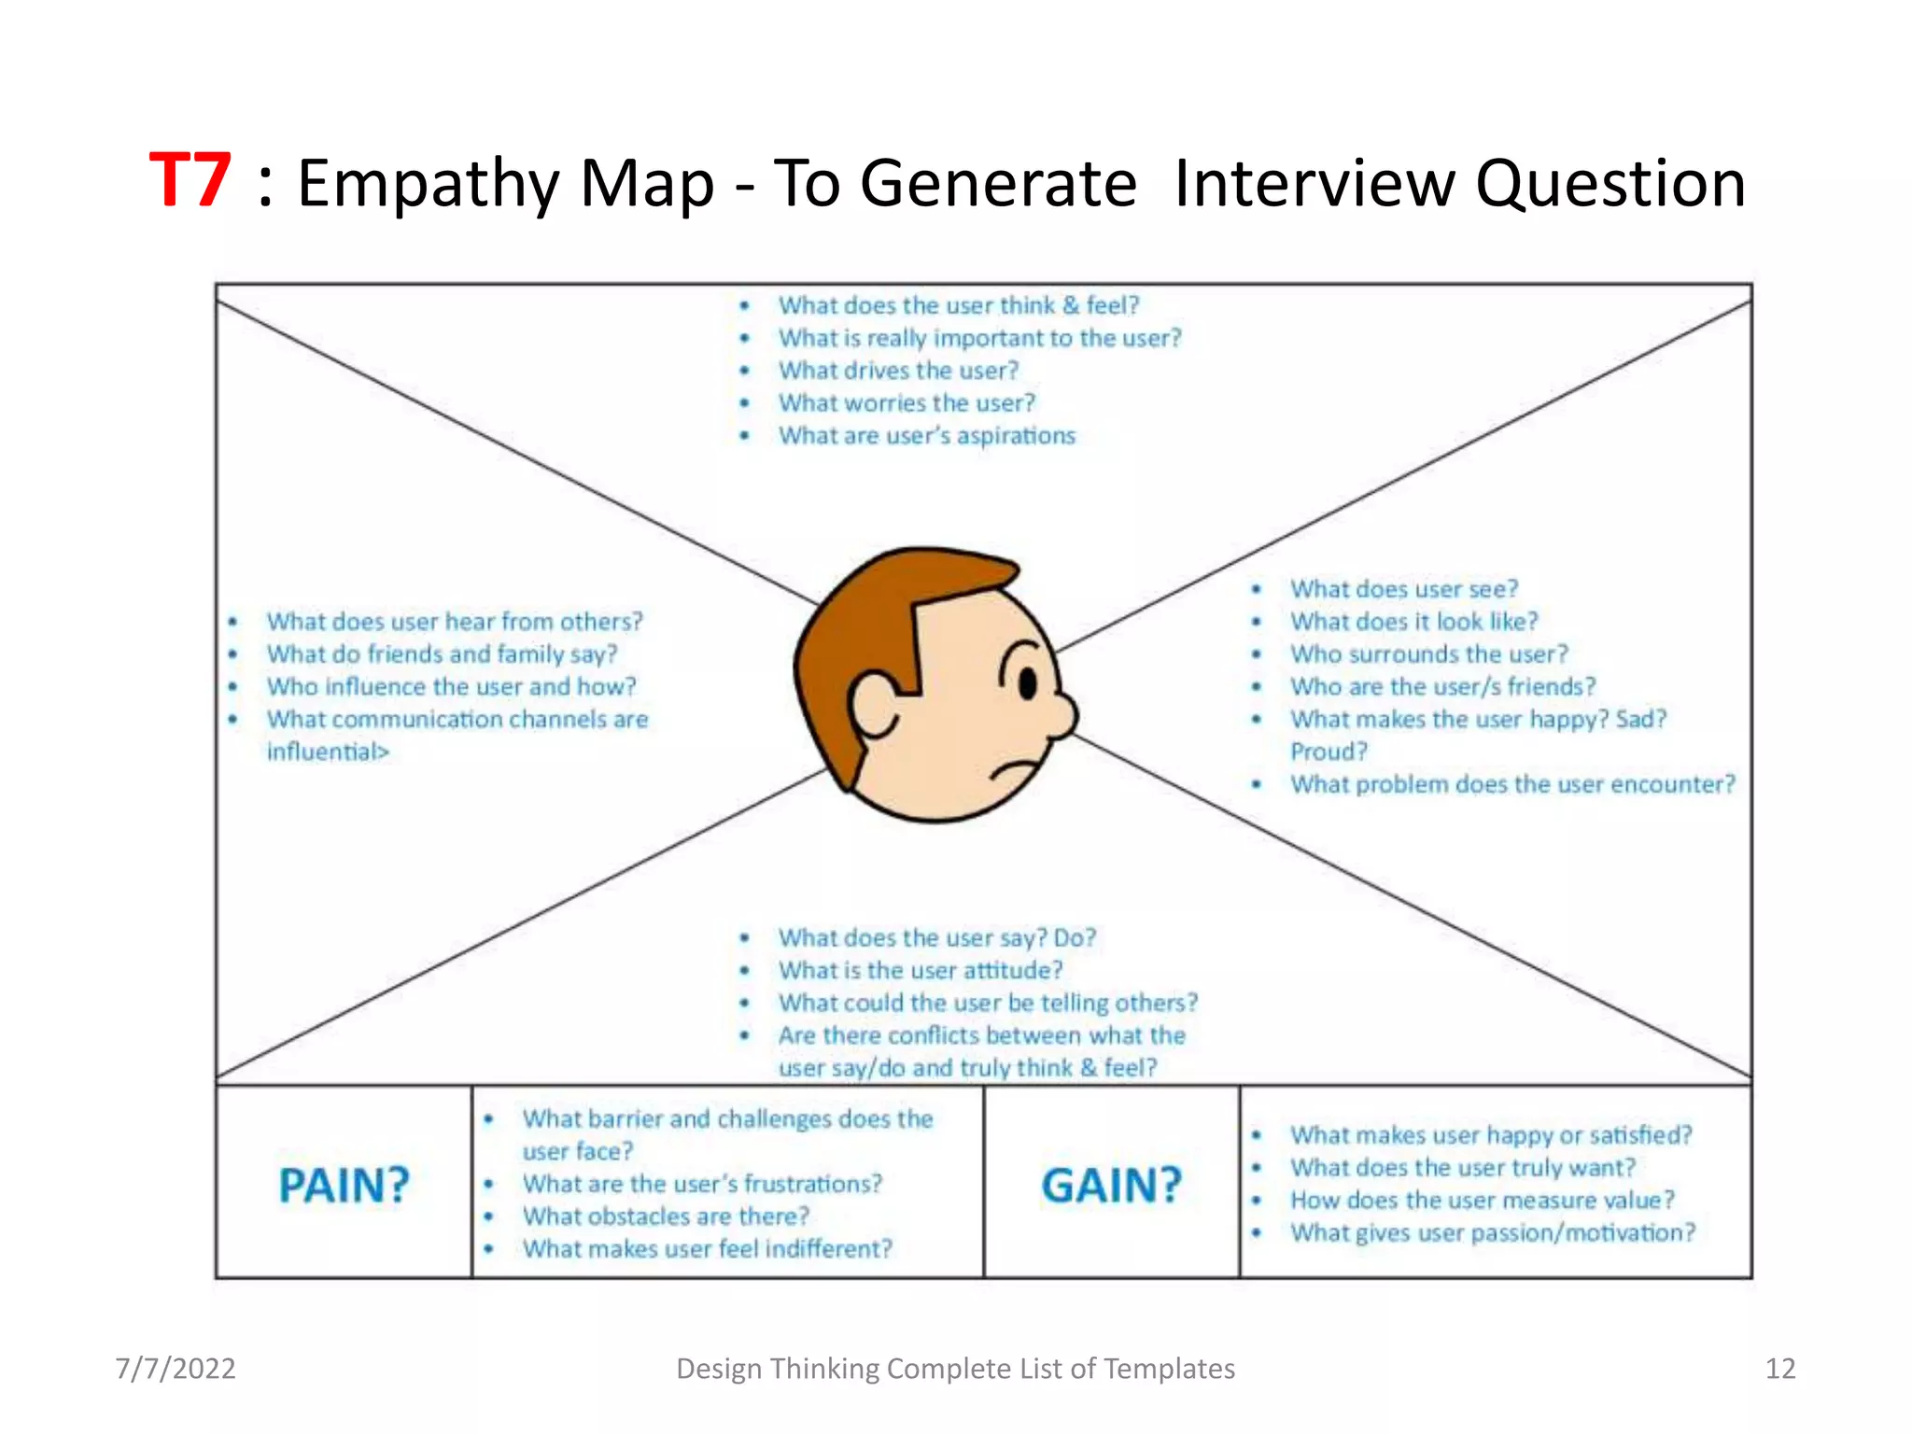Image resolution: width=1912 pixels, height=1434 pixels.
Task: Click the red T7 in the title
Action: coord(190,181)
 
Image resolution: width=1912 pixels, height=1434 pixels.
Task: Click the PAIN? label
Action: coord(344,1186)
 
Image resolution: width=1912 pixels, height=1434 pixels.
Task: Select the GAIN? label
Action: coord(1111,1186)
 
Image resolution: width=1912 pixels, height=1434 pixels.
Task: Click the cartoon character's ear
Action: coord(876,705)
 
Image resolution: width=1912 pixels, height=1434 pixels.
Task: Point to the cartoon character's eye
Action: coord(1028,683)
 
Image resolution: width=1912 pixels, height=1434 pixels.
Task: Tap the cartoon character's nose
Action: coord(1063,714)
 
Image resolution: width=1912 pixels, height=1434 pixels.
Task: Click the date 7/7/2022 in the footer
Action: coord(176,1369)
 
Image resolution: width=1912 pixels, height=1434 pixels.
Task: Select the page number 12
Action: coord(1779,1369)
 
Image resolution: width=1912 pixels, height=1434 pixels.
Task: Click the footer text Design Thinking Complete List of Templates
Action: coord(955,1369)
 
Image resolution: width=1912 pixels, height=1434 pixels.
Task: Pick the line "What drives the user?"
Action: coord(898,371)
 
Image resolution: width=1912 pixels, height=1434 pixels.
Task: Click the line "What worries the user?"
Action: coord(907,403)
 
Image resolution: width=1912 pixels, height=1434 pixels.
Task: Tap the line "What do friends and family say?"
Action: coord(442,654)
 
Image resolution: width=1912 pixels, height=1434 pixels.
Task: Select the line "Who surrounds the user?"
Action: coord(1428,654)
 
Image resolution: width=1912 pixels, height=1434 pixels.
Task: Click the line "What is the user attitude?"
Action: coord(920,971)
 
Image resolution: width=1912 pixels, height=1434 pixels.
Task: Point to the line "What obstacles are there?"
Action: coord(665,1216)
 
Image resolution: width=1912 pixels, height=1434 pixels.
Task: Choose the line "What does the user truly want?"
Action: coord(1462,1168)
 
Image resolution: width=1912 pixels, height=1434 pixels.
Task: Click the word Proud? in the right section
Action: coord(1328,752)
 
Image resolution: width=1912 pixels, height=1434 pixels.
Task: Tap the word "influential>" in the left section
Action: coord(328,752)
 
